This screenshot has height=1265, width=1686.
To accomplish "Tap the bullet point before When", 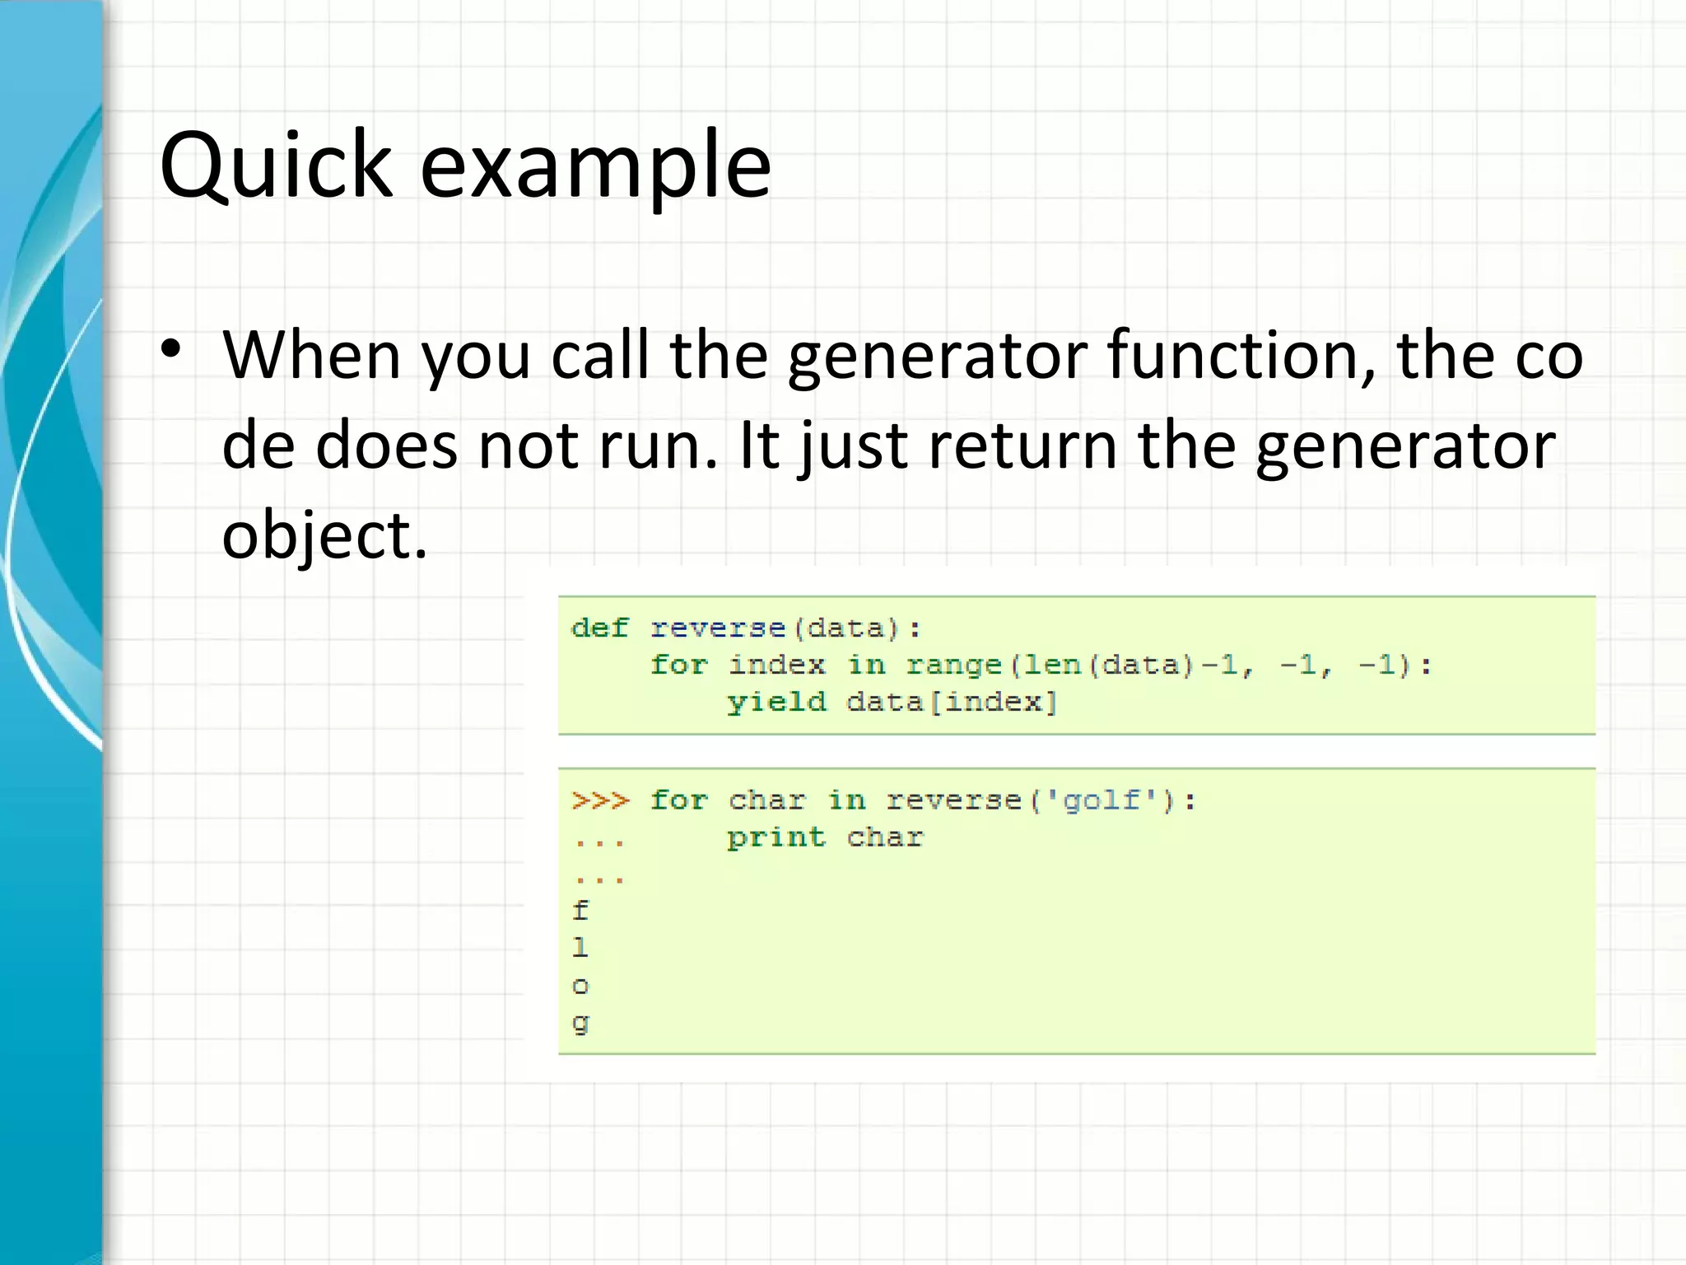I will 170,350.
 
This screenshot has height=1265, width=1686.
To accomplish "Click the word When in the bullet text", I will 312,356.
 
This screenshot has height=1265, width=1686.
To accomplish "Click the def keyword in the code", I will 599,628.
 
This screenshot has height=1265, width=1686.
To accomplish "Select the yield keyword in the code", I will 776,703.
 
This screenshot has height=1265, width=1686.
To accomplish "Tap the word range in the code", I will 953,665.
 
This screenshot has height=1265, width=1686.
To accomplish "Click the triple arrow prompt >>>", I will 600,801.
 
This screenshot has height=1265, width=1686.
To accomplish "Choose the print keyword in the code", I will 775,838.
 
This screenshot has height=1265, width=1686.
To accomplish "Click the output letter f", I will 580,910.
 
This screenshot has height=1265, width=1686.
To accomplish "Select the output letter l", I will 580,947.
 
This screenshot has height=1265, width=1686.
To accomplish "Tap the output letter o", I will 580,986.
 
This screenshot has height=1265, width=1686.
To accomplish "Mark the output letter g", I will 580,1023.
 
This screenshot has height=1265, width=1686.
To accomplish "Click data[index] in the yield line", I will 952,703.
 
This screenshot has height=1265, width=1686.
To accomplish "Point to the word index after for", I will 776,665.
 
